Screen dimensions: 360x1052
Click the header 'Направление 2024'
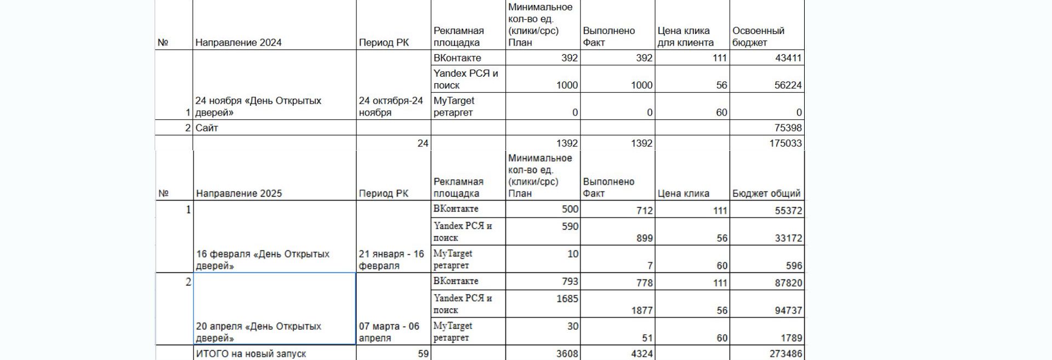point(238,43)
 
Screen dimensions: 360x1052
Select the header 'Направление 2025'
point(239,193)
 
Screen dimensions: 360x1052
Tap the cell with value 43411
point(788,58)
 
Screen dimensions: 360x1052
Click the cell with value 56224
point(788,85)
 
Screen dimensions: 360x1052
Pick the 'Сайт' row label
point(207,128)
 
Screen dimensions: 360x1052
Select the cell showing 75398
point(788,128)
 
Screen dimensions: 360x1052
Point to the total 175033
point(786,143)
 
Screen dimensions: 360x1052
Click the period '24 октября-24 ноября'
point(391,107)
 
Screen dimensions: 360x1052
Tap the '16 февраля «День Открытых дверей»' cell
point(263,260)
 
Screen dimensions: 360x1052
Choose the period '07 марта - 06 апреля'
point(389,332)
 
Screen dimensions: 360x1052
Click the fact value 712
point(644,210)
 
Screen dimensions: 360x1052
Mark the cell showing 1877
point(641,311)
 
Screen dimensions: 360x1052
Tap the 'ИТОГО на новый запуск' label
point(251,354)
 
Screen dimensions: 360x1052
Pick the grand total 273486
point(786,354)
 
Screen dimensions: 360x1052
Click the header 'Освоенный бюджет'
point(758,37)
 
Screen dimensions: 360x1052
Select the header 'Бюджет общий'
point(766,193)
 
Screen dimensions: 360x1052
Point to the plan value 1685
point(567,299)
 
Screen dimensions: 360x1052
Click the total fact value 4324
point(641,354)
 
